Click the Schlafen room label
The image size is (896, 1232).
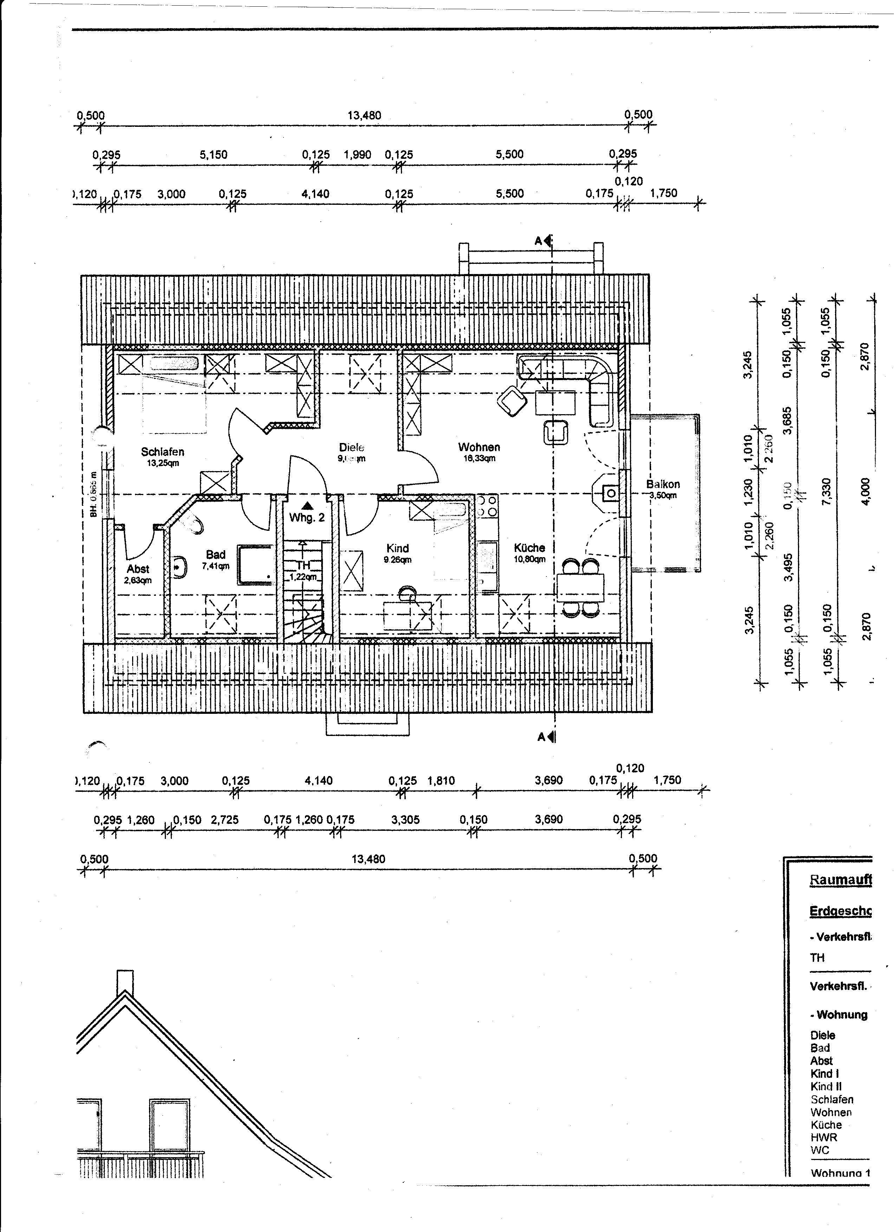coord(162,451)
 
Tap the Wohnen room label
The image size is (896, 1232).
coord(479,447)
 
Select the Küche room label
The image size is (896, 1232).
coord(529,548)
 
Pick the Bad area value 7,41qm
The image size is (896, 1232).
coord(216,566)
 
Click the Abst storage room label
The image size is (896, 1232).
coord(138,569)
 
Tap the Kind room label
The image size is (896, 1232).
coord(397,548)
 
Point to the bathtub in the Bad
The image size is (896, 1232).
coord(255,565)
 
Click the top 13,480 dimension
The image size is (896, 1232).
coord(364,115)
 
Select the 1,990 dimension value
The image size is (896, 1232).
coord(357,155)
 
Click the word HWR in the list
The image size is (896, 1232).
coord(824,1137)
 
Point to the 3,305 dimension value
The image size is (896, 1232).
coord(405,820)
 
